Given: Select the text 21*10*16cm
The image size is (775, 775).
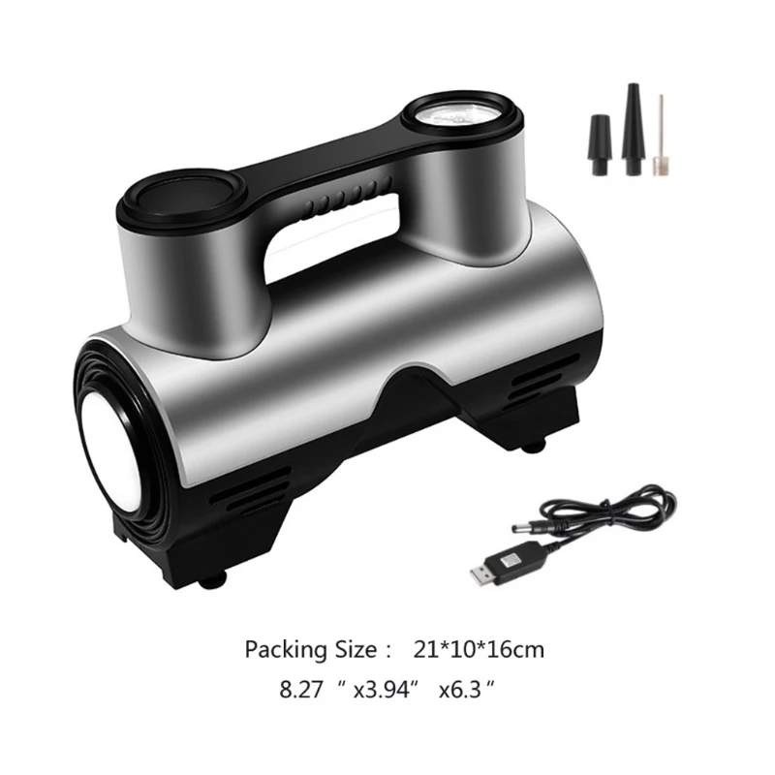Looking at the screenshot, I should (x=479, y=648).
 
